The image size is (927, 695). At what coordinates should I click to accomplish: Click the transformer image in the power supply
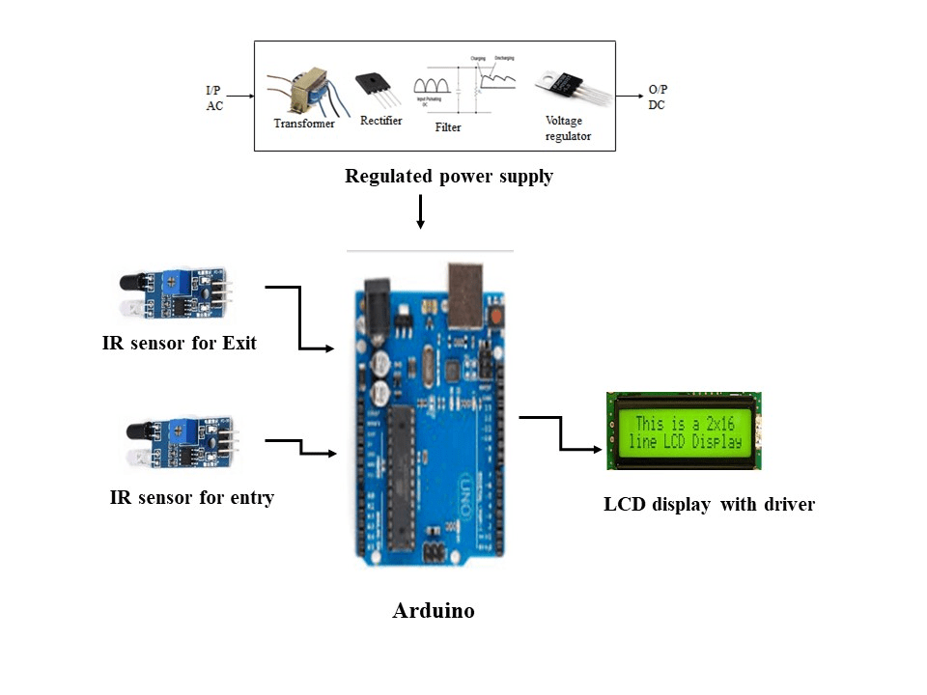(x=301, y=93)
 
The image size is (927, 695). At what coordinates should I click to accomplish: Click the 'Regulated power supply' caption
(x=449, y=177)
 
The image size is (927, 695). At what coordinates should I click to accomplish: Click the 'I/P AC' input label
(x=214, y=97)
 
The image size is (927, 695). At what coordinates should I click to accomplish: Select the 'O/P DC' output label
(x=658, y=97)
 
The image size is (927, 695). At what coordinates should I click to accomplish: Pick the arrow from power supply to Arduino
(x=420, y=211)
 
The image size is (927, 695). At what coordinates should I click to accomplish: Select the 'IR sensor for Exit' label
(x=180, y=343)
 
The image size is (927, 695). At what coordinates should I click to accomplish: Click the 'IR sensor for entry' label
(x=192, y=498)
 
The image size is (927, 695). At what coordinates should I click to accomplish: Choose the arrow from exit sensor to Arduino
(x=300, y=319)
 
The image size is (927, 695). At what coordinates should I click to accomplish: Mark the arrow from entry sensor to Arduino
(x=301, y=447)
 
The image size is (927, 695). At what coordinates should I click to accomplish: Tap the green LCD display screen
(x=685, y=432)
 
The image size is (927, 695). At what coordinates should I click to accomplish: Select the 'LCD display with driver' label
(x=709, y=504)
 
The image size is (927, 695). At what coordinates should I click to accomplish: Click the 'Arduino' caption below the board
(x=434, y=611)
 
